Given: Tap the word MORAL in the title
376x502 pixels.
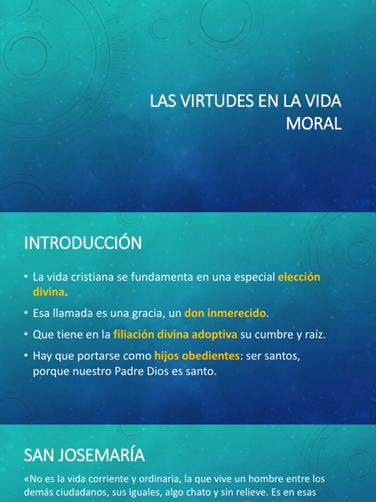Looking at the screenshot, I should (313, 124).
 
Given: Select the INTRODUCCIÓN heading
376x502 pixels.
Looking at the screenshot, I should (83, 243).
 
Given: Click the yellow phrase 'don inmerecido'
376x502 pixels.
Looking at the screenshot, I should (225, 312).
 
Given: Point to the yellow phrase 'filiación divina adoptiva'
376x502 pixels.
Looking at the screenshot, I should (175, 334).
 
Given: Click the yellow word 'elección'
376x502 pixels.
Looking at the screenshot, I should (299, 277).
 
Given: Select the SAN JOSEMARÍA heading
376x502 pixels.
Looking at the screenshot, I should (84, 455).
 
